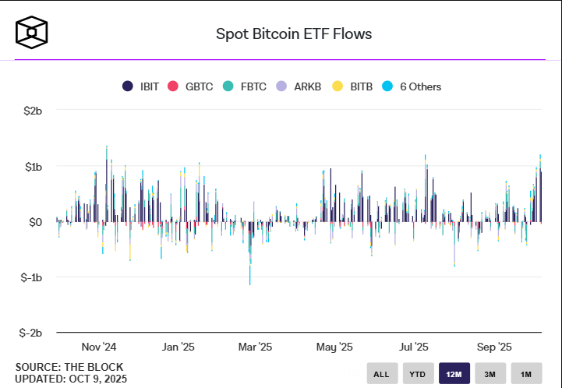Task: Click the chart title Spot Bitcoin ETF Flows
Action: (293, 34)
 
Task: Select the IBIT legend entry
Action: (141, 86)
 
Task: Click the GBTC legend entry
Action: (191, 86)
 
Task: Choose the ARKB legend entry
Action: (299, 86)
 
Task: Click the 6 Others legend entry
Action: (412, 86)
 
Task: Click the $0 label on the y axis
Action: (34, 222)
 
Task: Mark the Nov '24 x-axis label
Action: (99, 347)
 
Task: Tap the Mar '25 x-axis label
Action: (255, 347)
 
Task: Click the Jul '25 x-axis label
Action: (414, 347)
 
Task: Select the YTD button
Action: (418, 374)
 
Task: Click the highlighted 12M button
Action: (454, 374)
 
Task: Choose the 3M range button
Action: (490, 374)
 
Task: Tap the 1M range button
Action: (526, 374)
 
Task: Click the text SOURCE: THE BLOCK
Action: (69, 366)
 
